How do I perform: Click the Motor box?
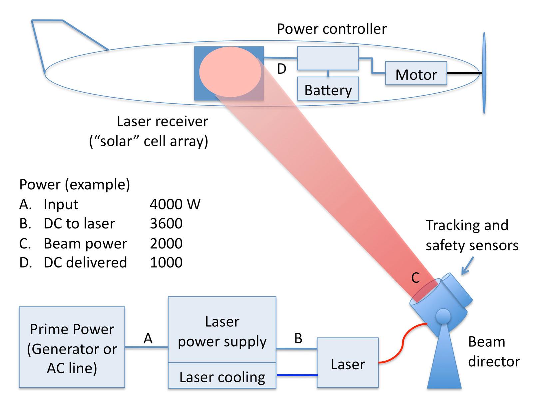point(416,73)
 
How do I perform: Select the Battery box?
point(328,89)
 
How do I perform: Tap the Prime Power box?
point(72,347)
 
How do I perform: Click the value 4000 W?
point(175,204)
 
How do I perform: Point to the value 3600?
point(166,224)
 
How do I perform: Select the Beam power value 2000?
point(166,244)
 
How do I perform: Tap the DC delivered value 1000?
point(166,263)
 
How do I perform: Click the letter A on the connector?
point(148,339)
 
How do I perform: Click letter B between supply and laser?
point(298,339)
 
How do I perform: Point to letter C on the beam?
point(415,278)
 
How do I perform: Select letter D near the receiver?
point(281,69)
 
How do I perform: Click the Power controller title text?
point(332,29)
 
